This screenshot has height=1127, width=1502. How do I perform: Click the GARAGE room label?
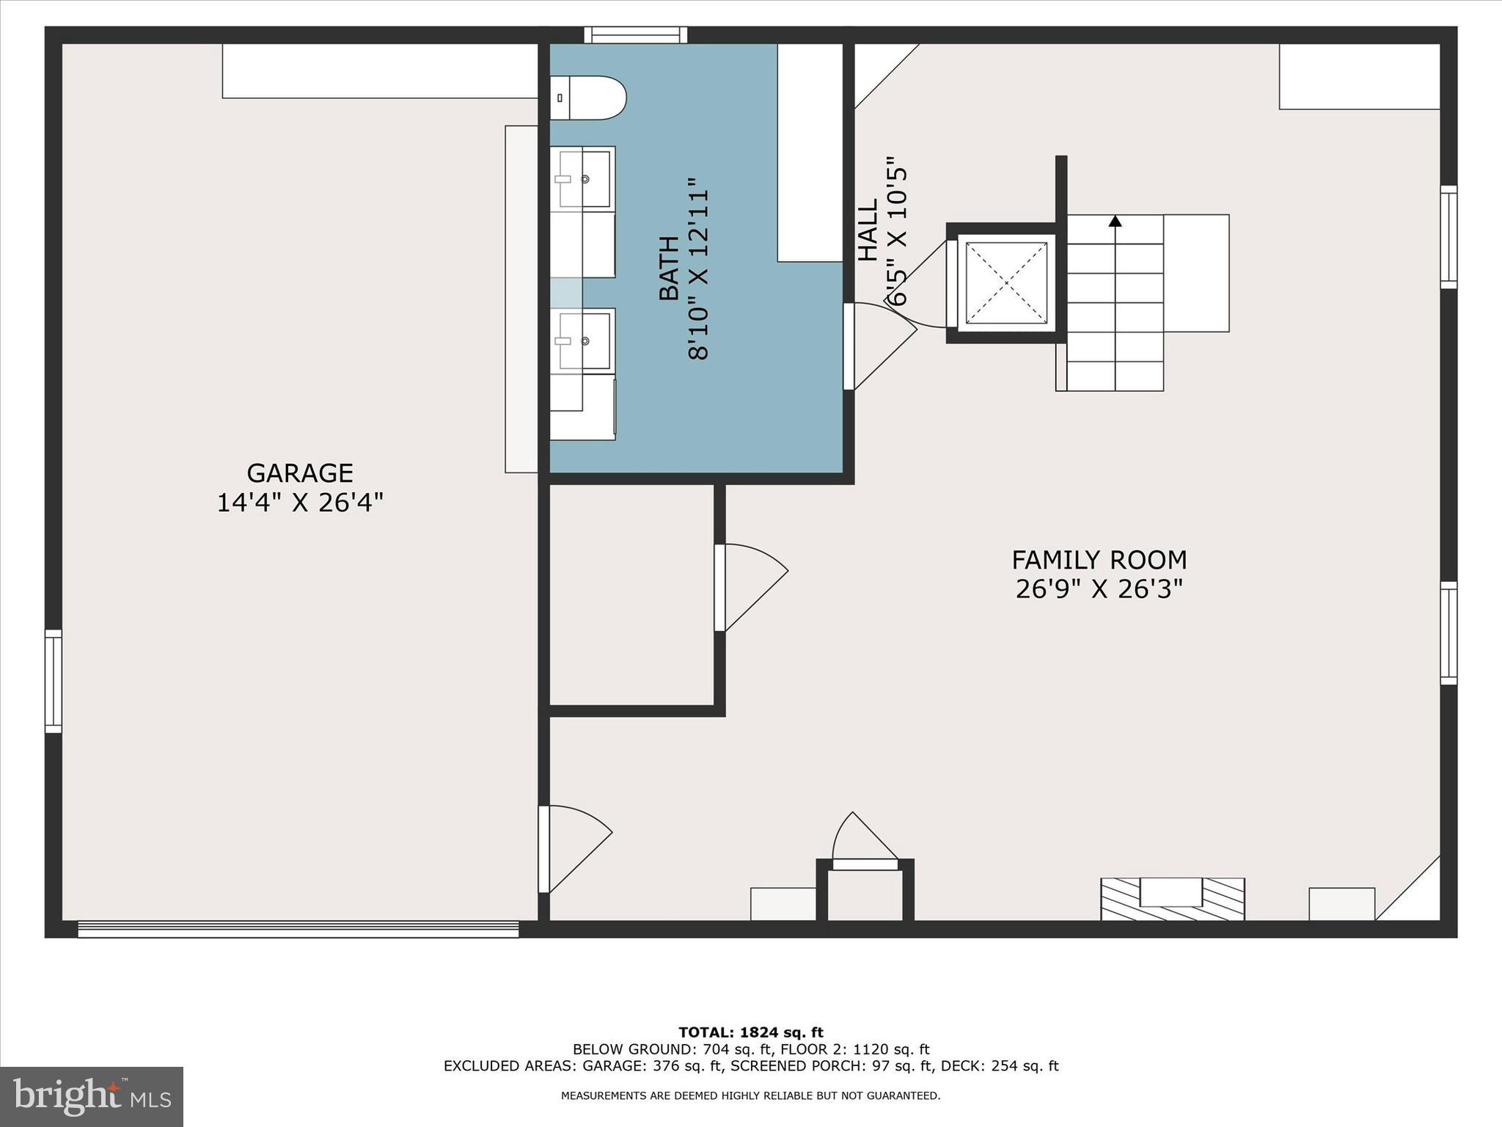(299, 473)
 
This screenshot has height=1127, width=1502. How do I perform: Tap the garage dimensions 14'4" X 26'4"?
(299, 503)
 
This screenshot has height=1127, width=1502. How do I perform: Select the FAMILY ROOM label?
(1099, 560)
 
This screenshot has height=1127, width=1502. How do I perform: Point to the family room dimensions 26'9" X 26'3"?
(1099, 589)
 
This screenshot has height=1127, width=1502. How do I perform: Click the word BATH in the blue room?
(668, 269)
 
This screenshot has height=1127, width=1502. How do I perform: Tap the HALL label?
(868, 230)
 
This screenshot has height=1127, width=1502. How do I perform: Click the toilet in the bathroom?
(587, 98)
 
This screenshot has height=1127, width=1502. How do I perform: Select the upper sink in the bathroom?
(584, 179)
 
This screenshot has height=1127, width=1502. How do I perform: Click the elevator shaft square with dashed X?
(1005, 282)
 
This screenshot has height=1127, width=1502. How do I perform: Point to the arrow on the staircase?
(1115, 221)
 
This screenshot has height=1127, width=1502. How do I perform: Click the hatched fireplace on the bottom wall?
(1172, 898)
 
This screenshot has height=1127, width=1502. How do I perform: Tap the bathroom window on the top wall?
(635, 34)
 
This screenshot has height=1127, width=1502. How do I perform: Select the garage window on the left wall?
(54, 681)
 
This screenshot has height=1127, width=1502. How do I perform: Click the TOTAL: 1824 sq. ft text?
(750, 1032)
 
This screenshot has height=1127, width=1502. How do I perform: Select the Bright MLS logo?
(92, 1096)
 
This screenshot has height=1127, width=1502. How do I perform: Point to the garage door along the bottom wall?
(298, 930)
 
